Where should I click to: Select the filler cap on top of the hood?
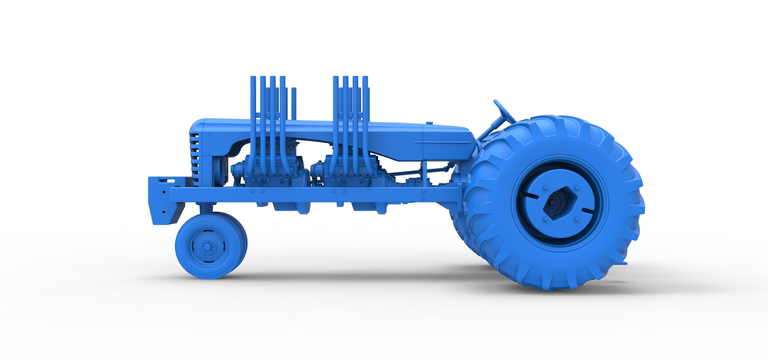pos(429,123)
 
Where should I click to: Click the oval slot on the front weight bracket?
pos(170,181)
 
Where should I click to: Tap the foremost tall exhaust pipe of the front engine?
pos(253,119)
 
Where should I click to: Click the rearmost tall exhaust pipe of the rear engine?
pos(365,119)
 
